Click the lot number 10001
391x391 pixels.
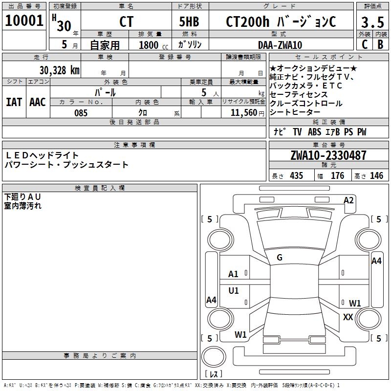pyautogui.click(x=24, y=21)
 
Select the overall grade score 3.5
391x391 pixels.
pyautogui.click(x=372, y=22)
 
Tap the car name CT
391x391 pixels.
pyautogui.click(x=126, y=22)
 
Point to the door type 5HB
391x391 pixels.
pyautogui.click(x=189, y=22)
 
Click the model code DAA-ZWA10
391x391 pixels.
pyautogui.click(x=280, y=45)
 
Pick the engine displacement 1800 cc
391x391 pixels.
pyautogui.click(x=149, y=45)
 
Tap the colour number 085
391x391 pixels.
pyautogui.click(x=81, y=113)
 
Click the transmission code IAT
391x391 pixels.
pyautogui.click(x=14, y=102)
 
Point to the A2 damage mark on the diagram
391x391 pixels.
pyautogui.click(x=348, y=200)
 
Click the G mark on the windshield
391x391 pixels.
pyautogui.click(x=280, y=258)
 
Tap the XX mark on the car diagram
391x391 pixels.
pyautogui.click(x=348, y=317)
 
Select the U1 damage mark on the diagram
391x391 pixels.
pyautogui.click(x=234, y=291)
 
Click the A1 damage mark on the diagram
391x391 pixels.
pyautogui.click(x=234, y=274)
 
